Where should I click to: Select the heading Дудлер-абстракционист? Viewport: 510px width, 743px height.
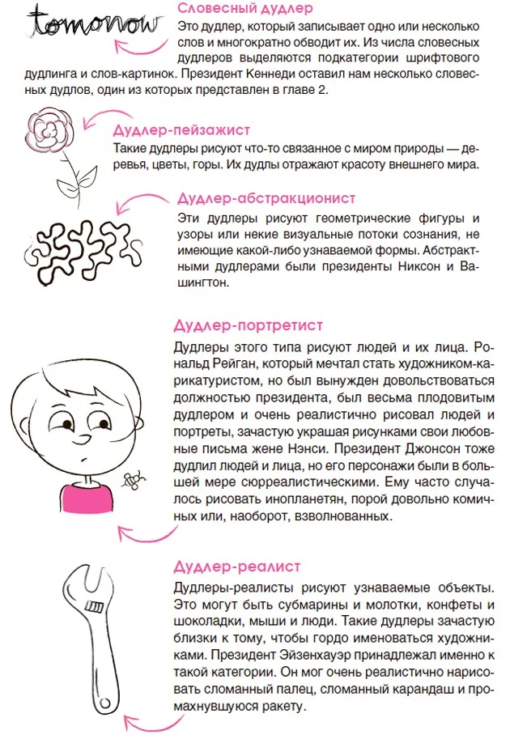click(266, 197)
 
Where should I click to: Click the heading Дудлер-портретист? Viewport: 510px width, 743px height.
click(237, 326)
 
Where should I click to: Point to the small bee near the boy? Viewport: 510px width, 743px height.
click(130, 480)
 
